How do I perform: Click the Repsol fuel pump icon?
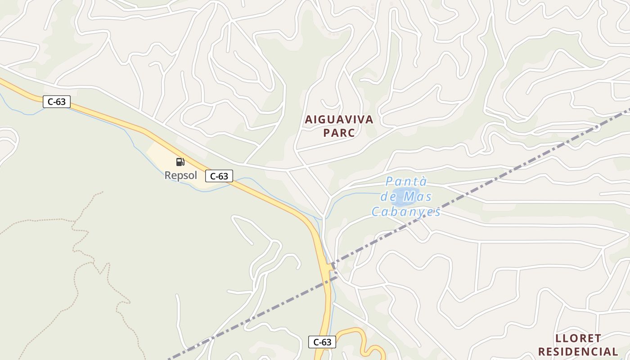pos(180,162)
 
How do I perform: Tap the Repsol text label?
pos(180,175)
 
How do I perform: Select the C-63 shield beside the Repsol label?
pos(219,176)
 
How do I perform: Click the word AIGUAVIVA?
pos(339,120)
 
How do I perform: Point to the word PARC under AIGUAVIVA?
pos(339,133)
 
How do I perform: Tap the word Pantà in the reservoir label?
pos(406,182)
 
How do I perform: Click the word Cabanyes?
pos(406,211)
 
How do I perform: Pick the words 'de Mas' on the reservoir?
pos(406,197)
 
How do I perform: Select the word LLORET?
pos(578,338)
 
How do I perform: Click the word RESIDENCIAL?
pos(578,351)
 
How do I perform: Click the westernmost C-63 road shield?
pos(57,102)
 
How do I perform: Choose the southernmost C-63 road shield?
pos(322,342)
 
